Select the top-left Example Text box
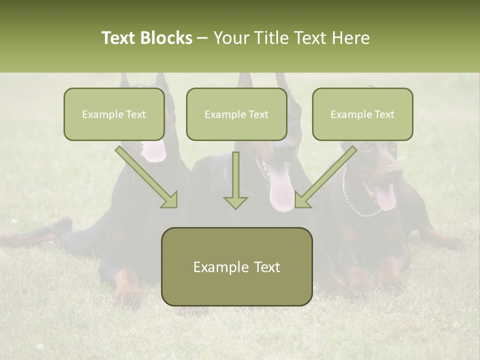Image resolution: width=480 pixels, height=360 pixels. click(x=114, y=114)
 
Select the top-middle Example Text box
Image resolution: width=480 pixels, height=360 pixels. click(x=236, y=114)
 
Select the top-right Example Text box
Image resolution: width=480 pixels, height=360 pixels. click(x=362, y=114)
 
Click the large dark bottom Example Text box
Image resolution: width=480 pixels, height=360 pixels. click(x=236, y=266)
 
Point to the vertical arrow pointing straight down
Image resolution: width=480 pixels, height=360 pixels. click(x=235, y=180)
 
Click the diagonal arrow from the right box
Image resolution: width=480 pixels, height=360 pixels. click(x=325, y=176)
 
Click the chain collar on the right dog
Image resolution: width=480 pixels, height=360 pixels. click(x=350, y=200)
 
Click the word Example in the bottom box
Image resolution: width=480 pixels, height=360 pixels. click(x=214, y=267)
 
